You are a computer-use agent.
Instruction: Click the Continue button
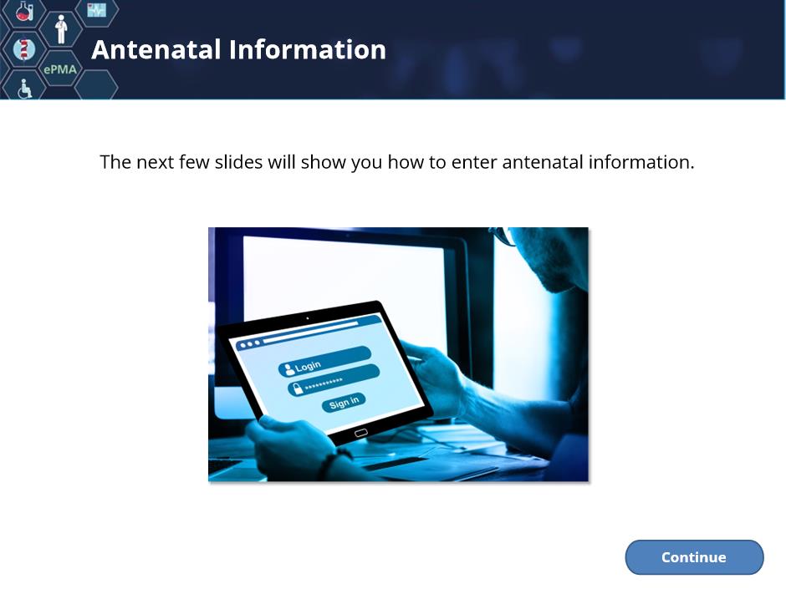(694, 557)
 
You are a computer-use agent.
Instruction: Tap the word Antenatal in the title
(156, 49)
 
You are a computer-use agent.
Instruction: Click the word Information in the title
(307, 49)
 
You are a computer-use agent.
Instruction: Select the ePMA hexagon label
(60, 69)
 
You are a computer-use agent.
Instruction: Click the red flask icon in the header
(23, 11)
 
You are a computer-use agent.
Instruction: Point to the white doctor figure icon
(61, 29)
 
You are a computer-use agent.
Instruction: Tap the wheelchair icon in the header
(24, 89)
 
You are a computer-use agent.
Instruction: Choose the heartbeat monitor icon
(97, 9)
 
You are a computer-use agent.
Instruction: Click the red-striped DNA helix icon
(23, 49)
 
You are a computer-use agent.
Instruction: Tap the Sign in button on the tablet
(344, 402)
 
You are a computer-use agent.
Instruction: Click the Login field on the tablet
(324, 361)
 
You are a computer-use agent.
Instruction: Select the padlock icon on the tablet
(298, 388)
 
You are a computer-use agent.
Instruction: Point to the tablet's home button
(361, 433)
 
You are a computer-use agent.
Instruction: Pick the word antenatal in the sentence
(543, 162)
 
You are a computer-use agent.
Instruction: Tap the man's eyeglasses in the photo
(503, 236)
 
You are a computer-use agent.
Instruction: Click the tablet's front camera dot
(307, 318)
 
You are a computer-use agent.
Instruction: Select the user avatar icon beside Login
(288, 369)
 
